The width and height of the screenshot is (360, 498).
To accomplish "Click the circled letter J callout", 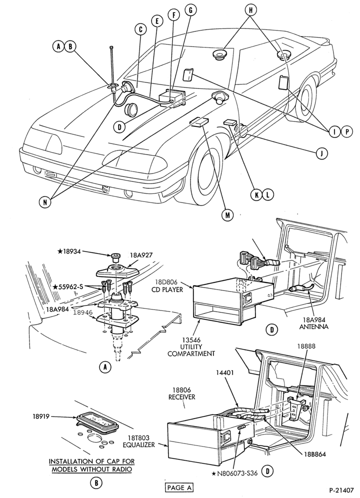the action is click(x=321, y=153).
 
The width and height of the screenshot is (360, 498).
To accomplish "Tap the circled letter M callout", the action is click(x=227, y=215).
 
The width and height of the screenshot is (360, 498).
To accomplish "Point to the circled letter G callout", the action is click(x=190, y=10).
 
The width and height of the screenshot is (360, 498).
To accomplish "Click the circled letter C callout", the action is click(x=140, y=30).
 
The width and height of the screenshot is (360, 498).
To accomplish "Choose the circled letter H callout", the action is click(x=250, y=10).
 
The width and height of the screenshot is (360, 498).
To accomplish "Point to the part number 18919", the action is click(x=40, y=416).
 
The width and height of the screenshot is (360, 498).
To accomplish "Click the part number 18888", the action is click(x=306, y=346).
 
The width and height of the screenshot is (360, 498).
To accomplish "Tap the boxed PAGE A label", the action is click(x=179, y=487).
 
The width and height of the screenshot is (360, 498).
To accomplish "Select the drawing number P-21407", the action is click(x=341, y=490).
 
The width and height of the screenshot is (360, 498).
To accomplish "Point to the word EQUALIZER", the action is click(x=139, y=445).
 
